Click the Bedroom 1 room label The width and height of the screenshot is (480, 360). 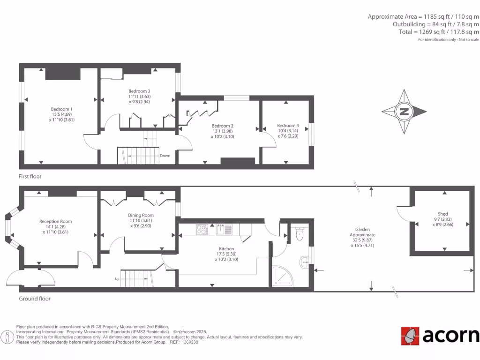(61, 109)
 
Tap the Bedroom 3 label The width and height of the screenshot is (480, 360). (139, 91)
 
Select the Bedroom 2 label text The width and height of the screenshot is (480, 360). (222, 126)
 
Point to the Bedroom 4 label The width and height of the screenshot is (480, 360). (287, 125)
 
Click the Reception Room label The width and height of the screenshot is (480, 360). (55, 221)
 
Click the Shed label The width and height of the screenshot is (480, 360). (442, 214)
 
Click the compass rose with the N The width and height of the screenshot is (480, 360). (404, 112)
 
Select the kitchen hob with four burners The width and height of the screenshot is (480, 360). (202, 230)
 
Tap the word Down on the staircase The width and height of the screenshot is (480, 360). (165, 156)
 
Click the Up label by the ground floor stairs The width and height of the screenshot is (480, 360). (117, 279)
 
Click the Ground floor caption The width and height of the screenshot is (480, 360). (35, 299)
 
